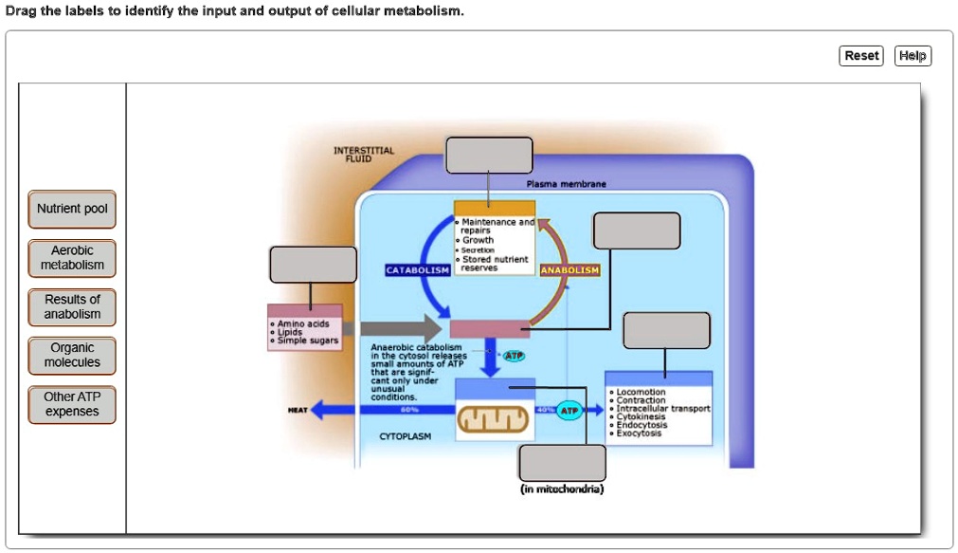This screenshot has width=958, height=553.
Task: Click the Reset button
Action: point(861,56)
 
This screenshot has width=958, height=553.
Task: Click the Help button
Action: point(913,56)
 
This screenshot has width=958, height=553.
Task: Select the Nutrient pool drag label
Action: point(72,209)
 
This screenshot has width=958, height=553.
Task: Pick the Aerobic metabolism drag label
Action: point(72,258)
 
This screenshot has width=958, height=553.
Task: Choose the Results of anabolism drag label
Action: point(72,306)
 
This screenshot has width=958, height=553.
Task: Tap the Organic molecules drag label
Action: point(72,355)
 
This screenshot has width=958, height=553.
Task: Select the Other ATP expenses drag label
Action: point(72,404)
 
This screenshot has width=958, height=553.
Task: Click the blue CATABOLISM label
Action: point(417,270)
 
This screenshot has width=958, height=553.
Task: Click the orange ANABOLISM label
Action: point(569,270)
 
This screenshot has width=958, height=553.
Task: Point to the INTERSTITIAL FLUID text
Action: point(364,155)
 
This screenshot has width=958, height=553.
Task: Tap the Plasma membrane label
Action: point(566,184)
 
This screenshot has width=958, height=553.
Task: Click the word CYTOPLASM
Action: point(405,437)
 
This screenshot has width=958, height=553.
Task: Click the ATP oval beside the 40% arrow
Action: point(569,411)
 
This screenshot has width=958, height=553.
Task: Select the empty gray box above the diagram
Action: point(489,156)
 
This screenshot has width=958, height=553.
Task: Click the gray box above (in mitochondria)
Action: point(562,462)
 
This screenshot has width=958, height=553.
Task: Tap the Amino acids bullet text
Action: point(302,323)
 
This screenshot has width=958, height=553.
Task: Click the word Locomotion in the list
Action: point(642,392)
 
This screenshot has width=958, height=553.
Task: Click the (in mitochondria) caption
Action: point(562,489)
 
